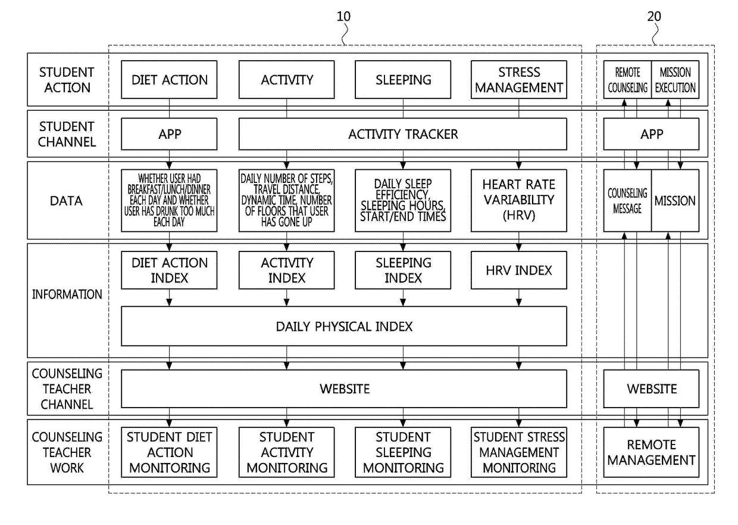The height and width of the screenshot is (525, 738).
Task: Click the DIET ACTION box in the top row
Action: pos(169,79)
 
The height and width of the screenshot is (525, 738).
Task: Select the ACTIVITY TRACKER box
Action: pos(402,134)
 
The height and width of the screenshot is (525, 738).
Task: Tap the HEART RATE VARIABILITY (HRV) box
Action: pos(519,200)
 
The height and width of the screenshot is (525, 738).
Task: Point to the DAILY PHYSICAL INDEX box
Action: pos(344,327)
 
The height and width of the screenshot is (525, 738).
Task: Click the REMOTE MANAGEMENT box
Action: pos(651,452)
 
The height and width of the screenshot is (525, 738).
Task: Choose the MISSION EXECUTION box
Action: pos(675,79)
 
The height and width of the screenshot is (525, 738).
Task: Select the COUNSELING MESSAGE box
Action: pos(627,200)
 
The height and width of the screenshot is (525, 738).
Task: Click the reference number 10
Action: pos(343,17)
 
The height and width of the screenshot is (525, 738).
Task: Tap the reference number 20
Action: pos(654,17)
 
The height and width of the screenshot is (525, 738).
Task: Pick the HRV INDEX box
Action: pos(519,271)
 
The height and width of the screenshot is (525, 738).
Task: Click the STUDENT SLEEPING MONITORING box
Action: pos(403,452)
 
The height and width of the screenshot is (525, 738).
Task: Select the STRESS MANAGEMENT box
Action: pos(519,79)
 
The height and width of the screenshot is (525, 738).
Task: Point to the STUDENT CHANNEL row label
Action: pos(67,134)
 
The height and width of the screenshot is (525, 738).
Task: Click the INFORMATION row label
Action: pos(67,294)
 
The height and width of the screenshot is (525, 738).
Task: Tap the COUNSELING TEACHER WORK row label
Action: pos(67,452)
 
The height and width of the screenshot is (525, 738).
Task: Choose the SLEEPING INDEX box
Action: pos(403,271)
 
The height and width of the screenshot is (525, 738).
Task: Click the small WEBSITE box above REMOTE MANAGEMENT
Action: pos(651,389)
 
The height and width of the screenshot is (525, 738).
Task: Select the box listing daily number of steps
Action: pos(287,200)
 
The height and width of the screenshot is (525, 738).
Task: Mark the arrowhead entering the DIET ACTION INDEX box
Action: pos(169,247)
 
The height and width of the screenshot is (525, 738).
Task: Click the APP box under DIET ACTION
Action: pos(169,134)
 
